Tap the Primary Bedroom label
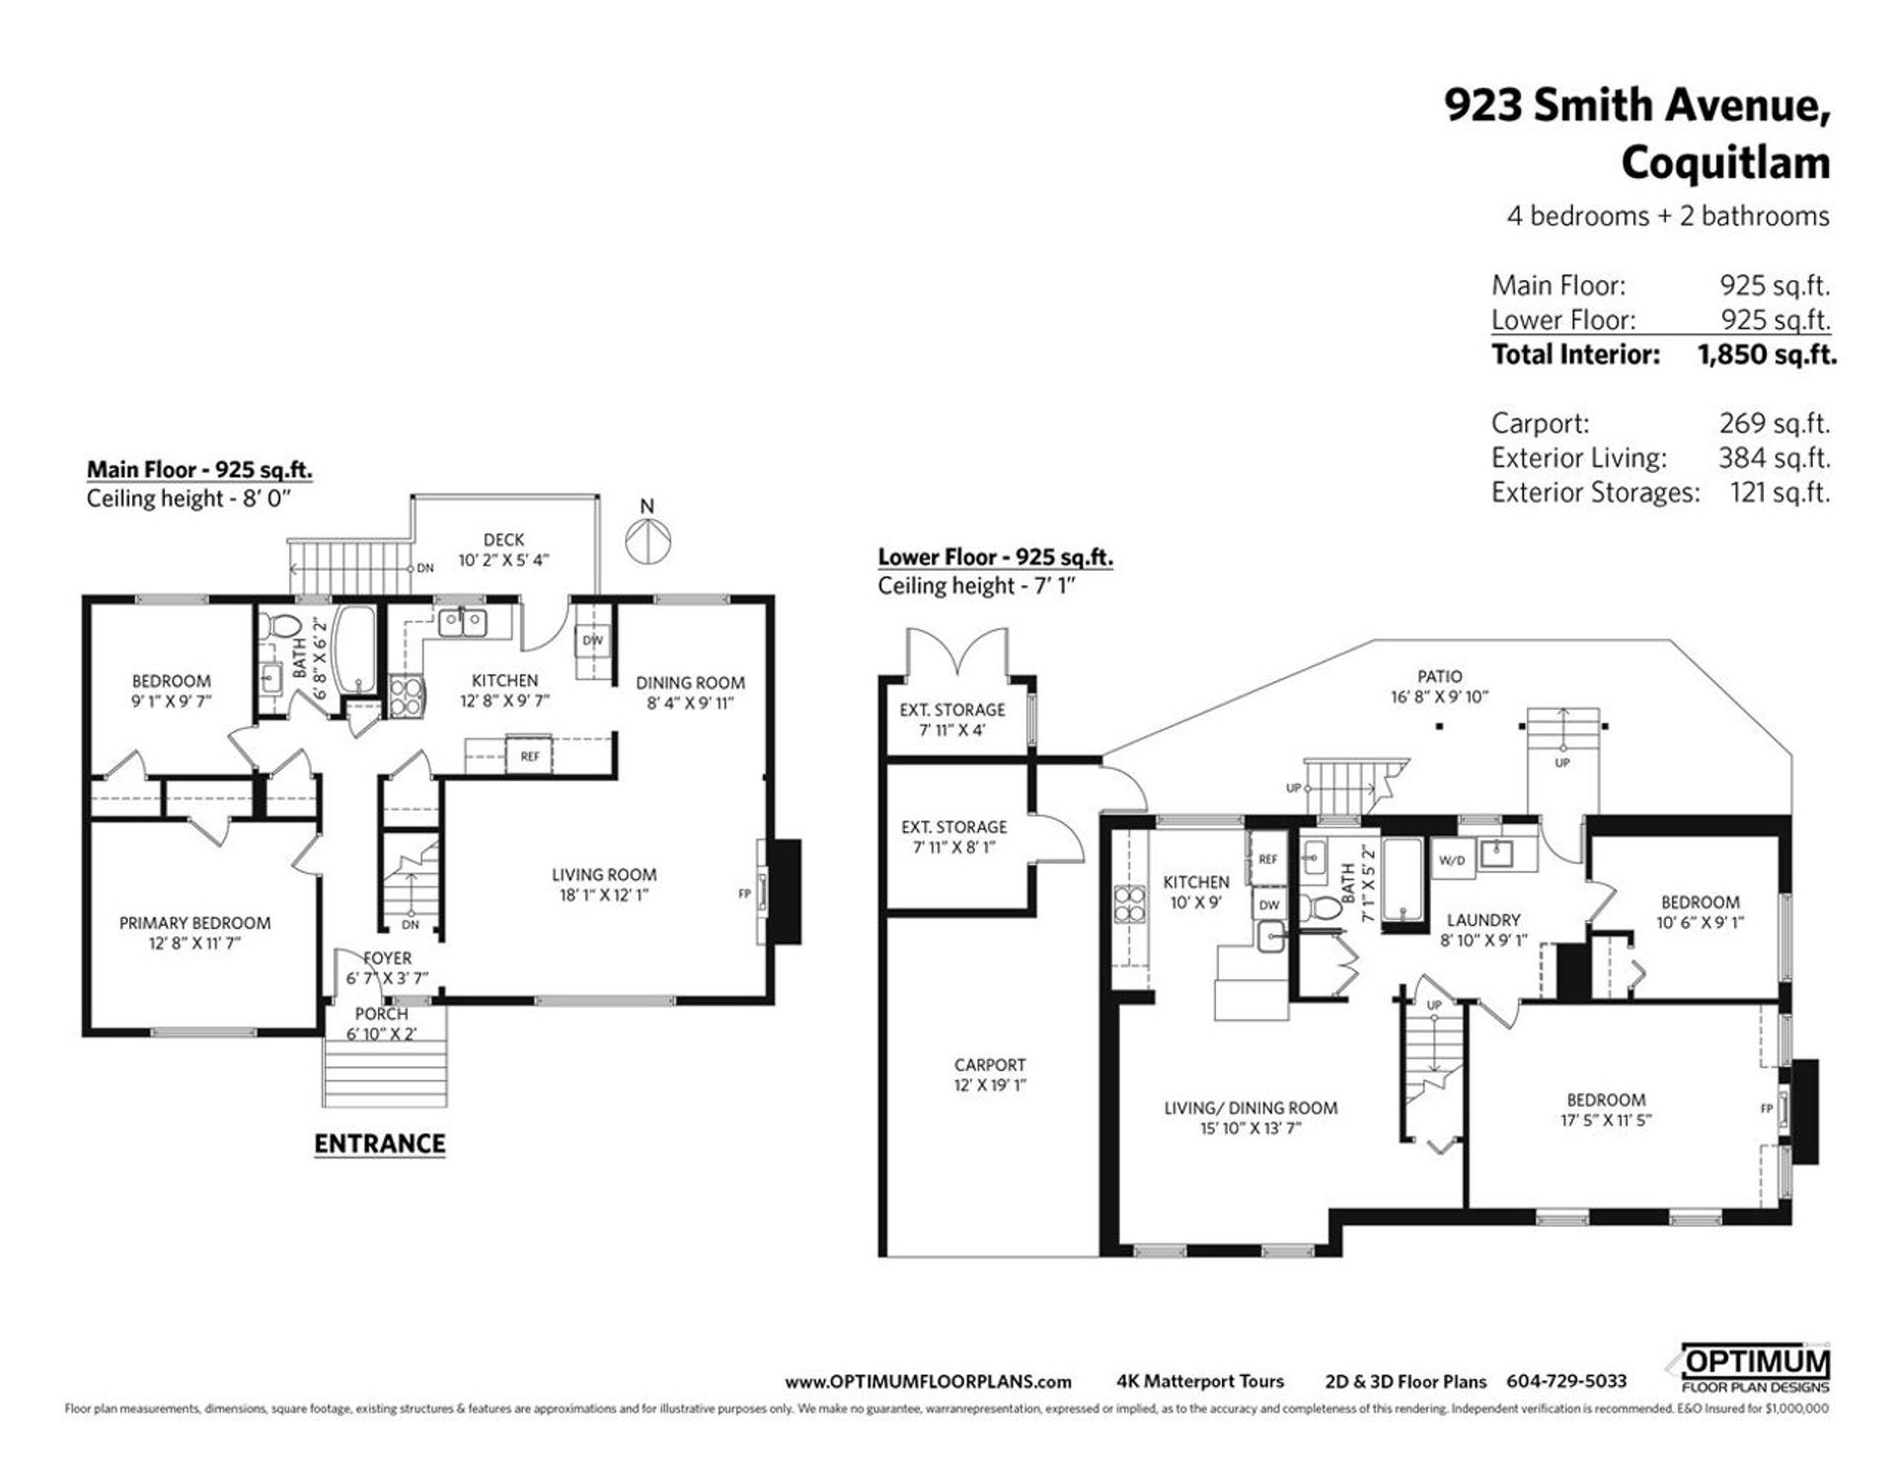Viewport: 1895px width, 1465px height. (194, 923)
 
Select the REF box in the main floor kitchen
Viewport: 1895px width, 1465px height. (530, 756)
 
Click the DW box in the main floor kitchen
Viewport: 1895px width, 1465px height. (592, 640)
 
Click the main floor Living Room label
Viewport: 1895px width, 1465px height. (604, 875)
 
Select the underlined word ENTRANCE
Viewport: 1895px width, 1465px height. (380, 1143)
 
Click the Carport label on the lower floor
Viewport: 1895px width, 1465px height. (990, 1064)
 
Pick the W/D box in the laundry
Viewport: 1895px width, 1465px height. (1452, 860)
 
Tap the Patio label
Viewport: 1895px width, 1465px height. (1439, 676)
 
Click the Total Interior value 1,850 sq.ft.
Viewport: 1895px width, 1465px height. (1767, 354)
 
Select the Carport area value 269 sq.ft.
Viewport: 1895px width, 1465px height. (1774, 424)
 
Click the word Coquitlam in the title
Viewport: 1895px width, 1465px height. (1726, 163)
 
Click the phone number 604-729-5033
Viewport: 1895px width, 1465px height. (1566, 1382)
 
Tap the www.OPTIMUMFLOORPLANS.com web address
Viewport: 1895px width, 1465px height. (928, 1382)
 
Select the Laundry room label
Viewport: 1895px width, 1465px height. (1483, 919)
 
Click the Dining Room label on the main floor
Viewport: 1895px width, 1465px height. (690, 682)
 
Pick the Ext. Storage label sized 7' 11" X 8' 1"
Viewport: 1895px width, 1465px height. (953, 827)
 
